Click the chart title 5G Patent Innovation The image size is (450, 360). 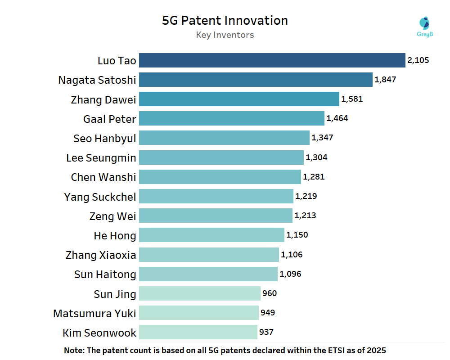coord(225,21)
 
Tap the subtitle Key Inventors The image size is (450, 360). coord(225,35)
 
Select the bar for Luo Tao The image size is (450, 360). coord(272,60)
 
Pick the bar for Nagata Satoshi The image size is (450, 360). coord(256,80)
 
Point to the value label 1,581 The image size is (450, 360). coord(352,99)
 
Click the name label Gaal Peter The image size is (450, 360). coord(110,119)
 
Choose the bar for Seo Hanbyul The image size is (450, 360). coord(224,138)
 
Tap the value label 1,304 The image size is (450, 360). coord(316,157)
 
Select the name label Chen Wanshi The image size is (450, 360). coord(103,177)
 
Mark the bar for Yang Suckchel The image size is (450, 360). coord(216,196)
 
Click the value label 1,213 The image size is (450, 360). coord(305,216)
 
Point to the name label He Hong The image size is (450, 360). coord(115,235)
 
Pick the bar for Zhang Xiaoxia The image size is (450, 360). coord(209,255)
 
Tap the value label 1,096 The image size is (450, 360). coord(290,274)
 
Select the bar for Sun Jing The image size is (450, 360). coord(199,293)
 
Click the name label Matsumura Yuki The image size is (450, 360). coord(94,313)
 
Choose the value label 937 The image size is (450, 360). coord(266,332)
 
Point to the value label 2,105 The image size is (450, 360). coord(418,60)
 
